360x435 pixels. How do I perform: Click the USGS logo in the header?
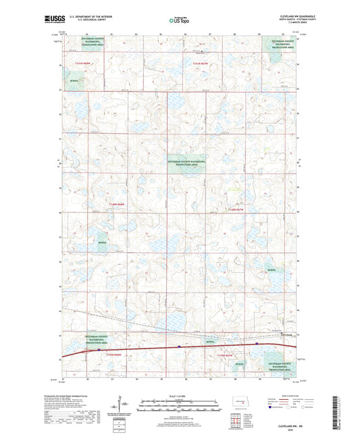[x=70, y=21]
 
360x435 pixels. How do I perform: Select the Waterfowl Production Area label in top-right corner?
[x=280, y=45]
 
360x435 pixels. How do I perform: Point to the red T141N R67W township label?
[x=201, y=63]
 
